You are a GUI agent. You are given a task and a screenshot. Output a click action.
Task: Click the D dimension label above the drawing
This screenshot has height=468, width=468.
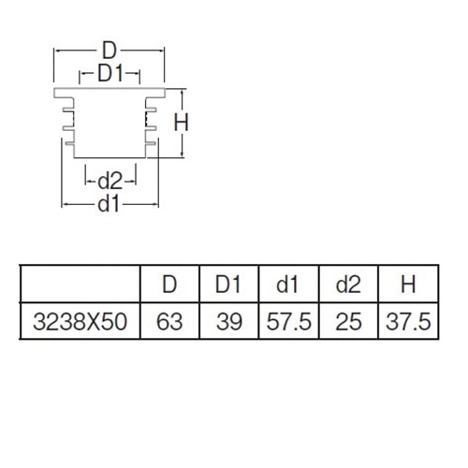[110, 51]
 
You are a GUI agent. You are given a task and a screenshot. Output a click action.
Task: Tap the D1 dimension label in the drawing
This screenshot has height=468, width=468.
[110, 73]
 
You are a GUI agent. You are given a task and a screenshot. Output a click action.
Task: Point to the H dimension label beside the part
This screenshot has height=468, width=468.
[181, 123]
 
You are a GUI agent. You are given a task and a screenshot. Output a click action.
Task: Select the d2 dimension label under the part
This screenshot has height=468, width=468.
[110, 181]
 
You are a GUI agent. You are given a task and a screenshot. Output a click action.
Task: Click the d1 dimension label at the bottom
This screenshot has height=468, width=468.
[109, 204]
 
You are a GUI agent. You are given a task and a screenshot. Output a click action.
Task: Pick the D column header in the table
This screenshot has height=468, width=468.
[169, 285]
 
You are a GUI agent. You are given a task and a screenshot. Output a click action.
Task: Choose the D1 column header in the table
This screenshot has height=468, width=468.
[228, 285]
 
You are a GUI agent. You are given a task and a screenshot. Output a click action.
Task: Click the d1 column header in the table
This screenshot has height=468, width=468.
[287, 285]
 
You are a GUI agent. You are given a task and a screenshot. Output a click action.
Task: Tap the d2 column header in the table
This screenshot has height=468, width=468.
[348, 285]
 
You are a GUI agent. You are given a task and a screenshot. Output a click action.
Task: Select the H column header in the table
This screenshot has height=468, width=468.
[408, 285]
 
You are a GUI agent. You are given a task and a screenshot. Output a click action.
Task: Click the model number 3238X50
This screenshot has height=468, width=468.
[80, 322]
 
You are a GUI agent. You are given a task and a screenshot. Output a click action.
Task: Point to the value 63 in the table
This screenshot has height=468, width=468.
[169, 322]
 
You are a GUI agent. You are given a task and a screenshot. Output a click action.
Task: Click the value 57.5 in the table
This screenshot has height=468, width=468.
[289, 322]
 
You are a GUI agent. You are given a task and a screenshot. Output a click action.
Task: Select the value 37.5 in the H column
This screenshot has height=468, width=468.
[408, 322]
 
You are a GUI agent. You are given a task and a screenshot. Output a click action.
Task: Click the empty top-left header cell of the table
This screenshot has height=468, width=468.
[80, 284]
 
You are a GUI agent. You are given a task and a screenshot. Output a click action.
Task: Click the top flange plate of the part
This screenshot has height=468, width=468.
[110, 93]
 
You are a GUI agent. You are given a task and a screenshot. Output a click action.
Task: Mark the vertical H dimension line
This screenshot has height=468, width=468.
[183, 124]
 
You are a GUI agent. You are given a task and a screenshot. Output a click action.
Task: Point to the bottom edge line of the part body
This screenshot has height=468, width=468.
[110, 157]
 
